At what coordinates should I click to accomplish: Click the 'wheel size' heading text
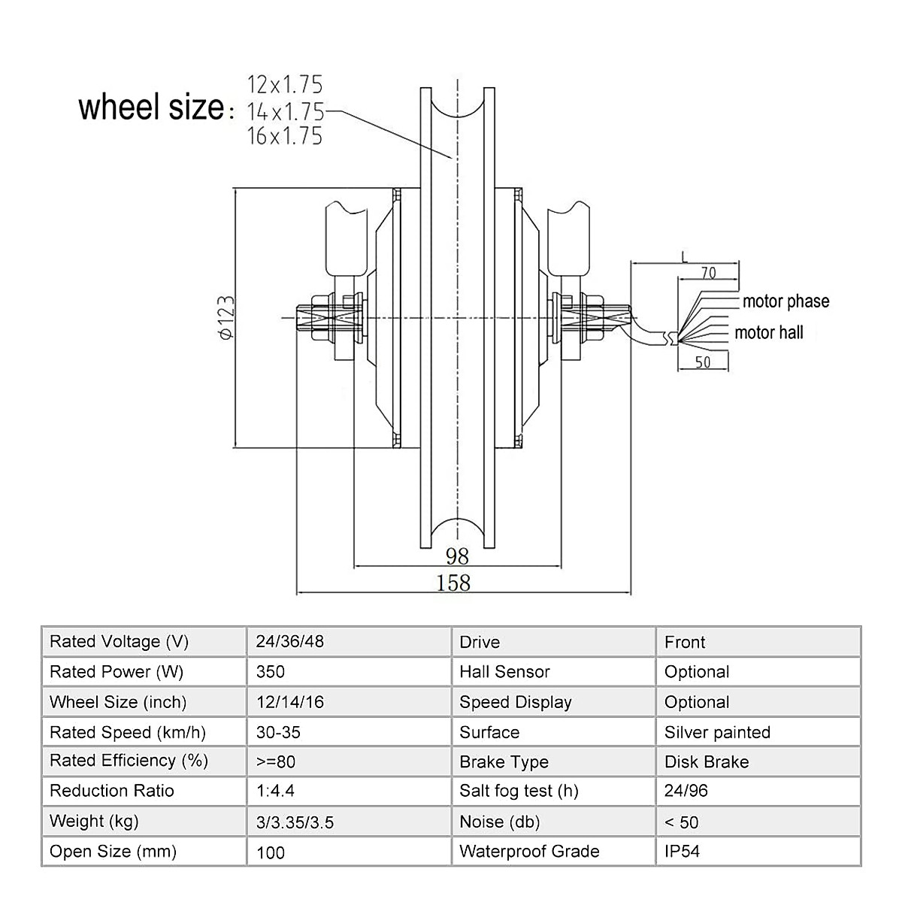[x=151, y=107]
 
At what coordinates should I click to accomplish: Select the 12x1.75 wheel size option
[x=285, y=84]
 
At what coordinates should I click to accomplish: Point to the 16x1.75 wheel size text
[x=285, y=136]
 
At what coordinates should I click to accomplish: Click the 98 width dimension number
[x=457, y=555]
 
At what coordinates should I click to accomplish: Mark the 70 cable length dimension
[x=708, y=273]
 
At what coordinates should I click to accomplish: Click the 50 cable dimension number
[x=702, y=362]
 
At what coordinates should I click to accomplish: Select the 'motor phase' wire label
[x=785, y=301]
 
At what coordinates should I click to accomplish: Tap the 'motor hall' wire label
[x=769, y=332]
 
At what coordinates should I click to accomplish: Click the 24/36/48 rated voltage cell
[x=290, y=642]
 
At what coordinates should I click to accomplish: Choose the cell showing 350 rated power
[x=271, y=672]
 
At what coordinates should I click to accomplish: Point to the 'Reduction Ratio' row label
[x=112, y=791]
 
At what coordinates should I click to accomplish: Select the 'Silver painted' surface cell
[x=717, y=732]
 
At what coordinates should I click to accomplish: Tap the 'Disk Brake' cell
[x=707, y=762]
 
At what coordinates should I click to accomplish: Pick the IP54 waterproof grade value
[x=682, y=852]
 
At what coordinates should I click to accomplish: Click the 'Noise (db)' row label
[x=500, y=822]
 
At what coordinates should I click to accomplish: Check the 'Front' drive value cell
[x=685, y=642]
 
